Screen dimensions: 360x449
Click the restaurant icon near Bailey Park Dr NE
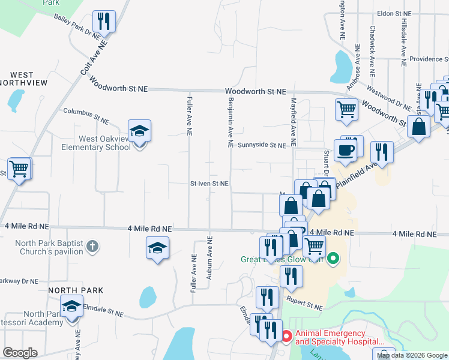click(104, 22)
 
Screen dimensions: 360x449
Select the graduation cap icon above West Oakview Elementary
click(139, 131)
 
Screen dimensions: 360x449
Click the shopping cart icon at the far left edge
click(19, 169)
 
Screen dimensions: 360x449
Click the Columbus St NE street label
click(86, 116)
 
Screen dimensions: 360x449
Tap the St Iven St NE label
click(209, 184)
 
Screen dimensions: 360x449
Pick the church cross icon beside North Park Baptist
click(92, 245)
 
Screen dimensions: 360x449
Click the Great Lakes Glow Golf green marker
click(334, 259)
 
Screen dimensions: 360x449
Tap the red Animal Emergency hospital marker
click(286, 337)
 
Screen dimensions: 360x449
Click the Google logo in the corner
click(20, 353)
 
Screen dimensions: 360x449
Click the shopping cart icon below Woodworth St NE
click(346, 110)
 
